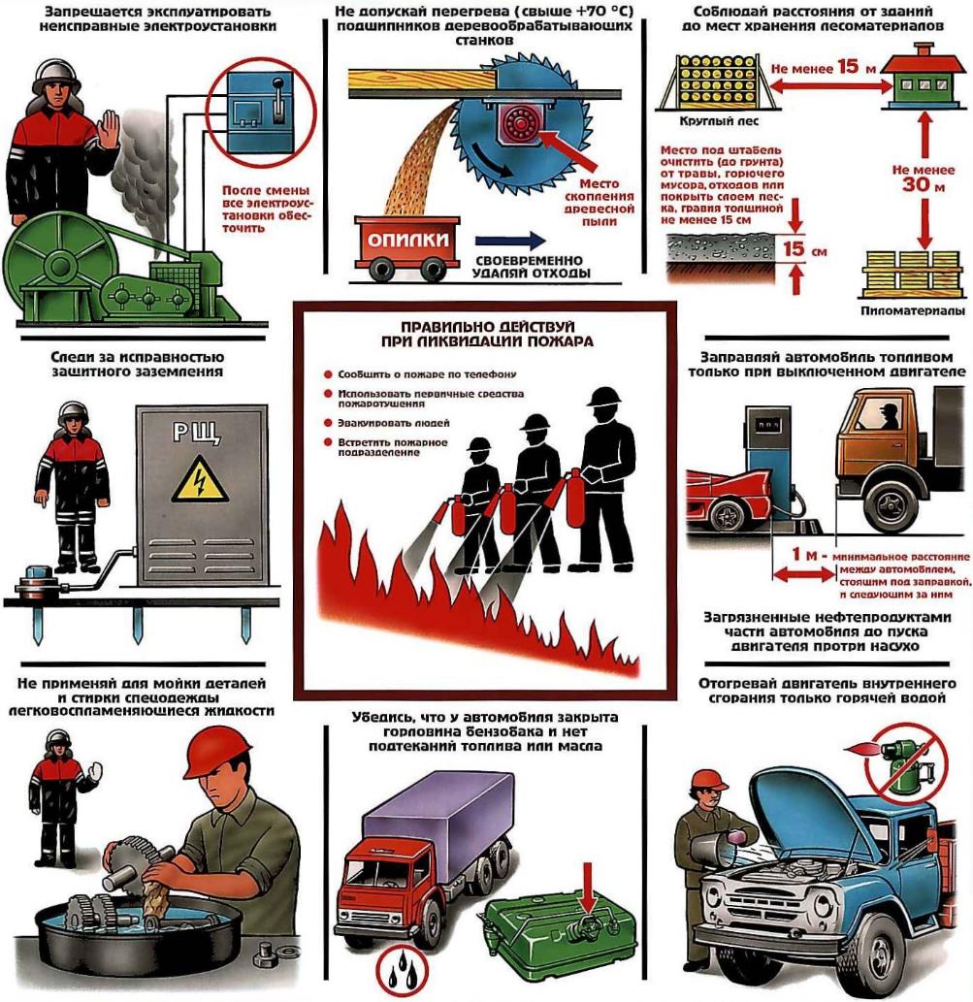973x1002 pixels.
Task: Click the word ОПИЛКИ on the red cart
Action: [x=407, y=241]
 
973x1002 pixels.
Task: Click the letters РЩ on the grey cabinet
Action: [x=197, y=433]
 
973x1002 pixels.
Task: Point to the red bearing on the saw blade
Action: [x=520, y=122]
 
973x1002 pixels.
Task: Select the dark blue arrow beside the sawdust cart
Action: [x=511, y=241]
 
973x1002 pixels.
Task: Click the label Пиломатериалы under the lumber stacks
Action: [x=912, y=311]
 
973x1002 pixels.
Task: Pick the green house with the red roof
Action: [x=923, y=76]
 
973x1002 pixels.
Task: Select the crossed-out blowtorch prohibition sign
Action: [x=904, y=762]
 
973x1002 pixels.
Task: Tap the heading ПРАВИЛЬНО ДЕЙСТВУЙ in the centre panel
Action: [x=488, y=327]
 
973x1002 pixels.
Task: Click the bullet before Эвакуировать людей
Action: [x=328, y=422]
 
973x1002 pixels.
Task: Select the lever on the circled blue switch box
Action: [x=278, y=100]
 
